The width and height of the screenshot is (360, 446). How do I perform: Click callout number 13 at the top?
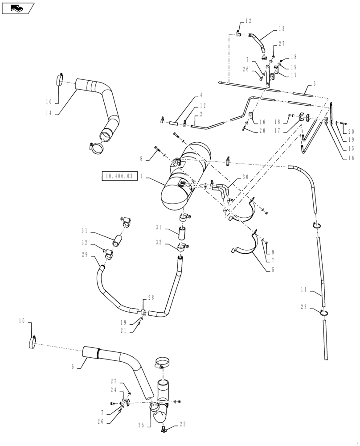click(281, 29)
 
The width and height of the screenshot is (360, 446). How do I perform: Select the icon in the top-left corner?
click(17, 8)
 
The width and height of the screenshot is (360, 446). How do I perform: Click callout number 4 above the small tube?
click(201, 95)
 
